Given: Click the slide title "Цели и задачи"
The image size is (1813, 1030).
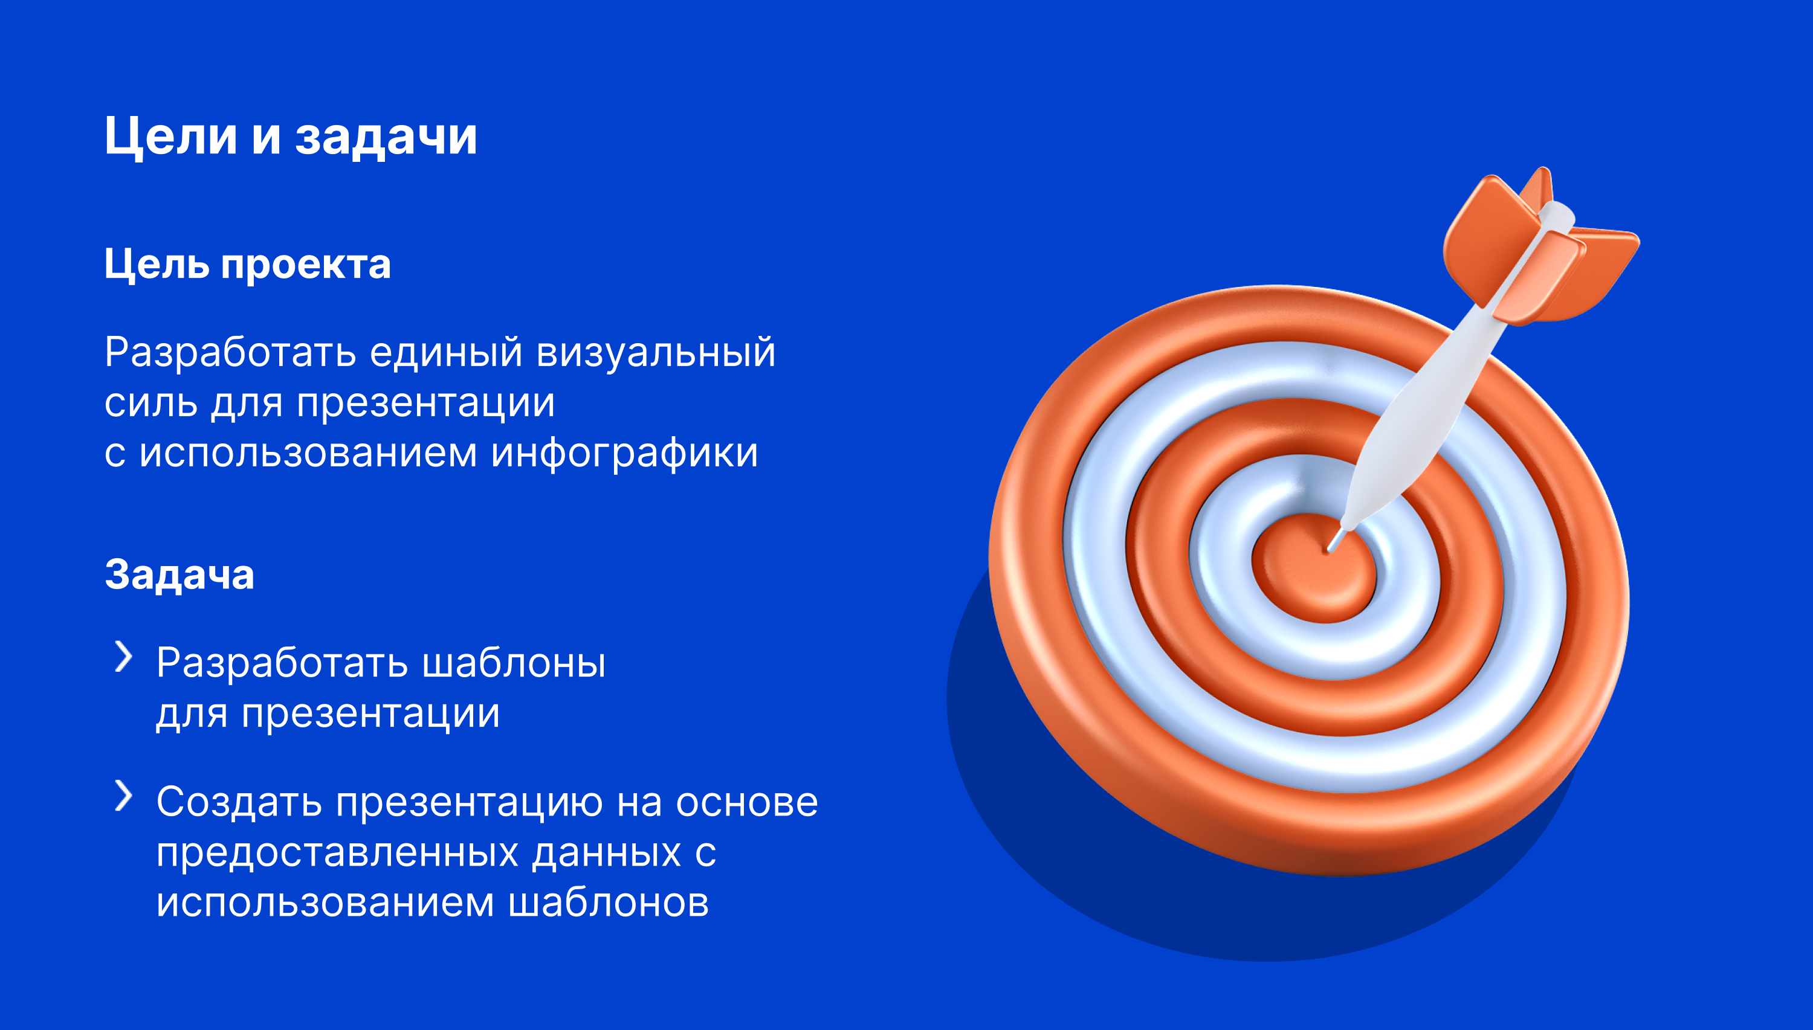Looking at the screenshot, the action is tap(291, 137).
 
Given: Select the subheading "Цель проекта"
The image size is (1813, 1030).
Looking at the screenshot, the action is tap(248, 265).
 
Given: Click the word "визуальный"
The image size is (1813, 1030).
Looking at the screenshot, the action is tap(656, 352).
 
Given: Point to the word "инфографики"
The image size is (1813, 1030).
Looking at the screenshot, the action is tap(625, 452).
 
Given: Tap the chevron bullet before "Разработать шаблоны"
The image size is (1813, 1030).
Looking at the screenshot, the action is tap(124, 657).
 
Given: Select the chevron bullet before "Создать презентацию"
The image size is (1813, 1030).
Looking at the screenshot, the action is tap(124, 795).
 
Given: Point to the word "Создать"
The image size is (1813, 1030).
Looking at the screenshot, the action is tap(239, 803).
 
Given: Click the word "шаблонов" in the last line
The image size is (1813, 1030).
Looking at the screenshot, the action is tap(609, 903).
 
